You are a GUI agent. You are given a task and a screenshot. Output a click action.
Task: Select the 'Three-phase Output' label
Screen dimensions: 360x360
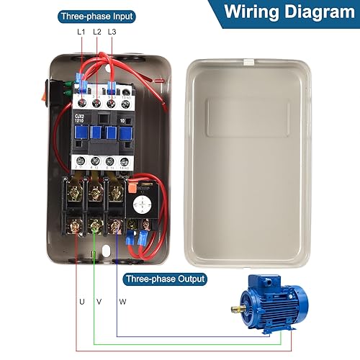pos(165,279)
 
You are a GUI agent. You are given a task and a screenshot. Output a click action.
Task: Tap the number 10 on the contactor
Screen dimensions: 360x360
pos(124,117)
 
